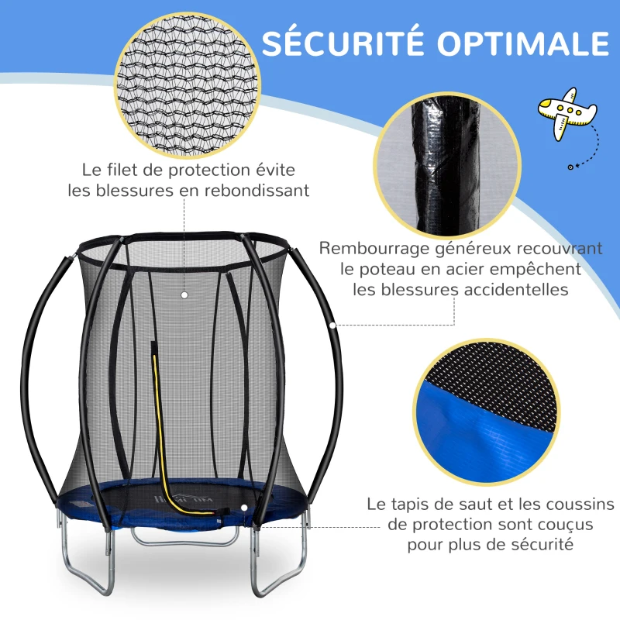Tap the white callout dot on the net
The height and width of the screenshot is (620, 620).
tap(184, 295)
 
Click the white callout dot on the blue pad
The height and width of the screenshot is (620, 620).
tap(245, 506)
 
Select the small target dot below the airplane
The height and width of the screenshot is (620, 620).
tap(570, 165)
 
